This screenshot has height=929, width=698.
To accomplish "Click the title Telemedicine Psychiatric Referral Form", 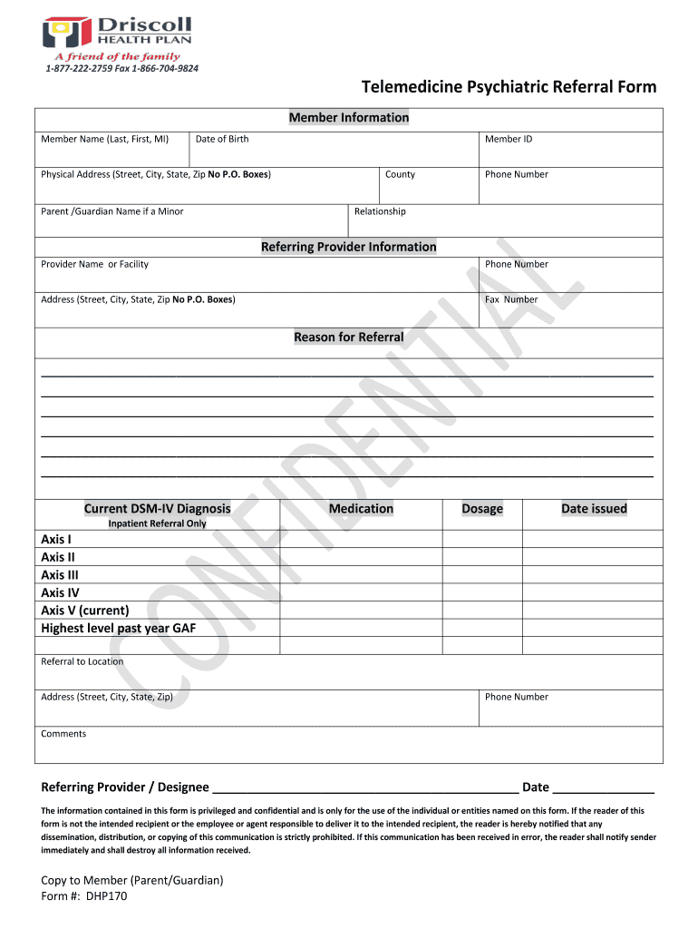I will (509, 87).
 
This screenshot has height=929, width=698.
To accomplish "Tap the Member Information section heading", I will (349, 118).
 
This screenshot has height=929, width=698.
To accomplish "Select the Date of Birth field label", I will (222, 139).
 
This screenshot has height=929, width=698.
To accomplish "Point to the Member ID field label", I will (509, 139).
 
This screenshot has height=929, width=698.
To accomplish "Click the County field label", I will (400, 174).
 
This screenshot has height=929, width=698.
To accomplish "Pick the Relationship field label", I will (380, 211).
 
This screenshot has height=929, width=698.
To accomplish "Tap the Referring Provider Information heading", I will (349, 247).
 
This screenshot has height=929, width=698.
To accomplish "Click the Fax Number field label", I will (511, 299).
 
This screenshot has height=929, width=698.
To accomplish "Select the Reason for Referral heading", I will (349, 337).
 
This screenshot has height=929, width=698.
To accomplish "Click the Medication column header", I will (361, 509).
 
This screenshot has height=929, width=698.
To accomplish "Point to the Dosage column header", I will (482, 509).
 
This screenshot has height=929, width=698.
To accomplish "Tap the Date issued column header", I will (594, 509).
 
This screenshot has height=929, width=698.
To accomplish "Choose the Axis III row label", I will (60, 575).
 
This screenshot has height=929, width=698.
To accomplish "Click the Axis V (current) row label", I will (85, 611).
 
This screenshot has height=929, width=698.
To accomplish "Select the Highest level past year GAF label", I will (119, 628).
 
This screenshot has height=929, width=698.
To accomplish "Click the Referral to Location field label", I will (82, 661).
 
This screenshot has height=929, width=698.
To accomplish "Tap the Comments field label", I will (63, 734).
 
